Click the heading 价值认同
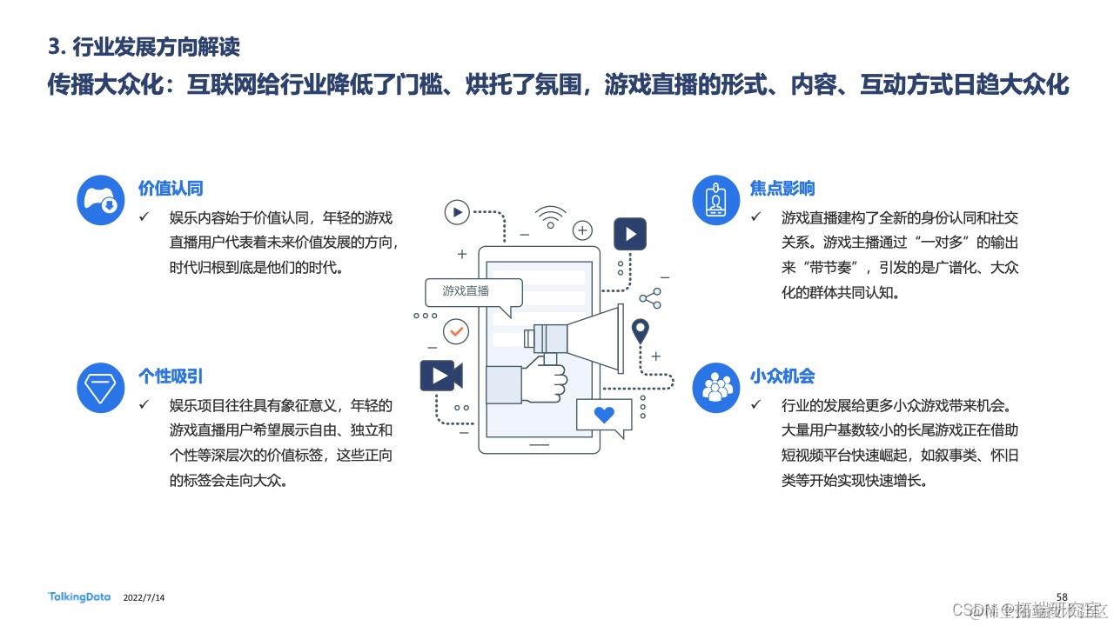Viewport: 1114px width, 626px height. [x=171, y=189]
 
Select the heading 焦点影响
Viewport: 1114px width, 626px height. [x=782, y=189]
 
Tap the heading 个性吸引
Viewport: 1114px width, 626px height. [x=171, y=376]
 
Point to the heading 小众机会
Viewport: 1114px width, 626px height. [x=782, y=376]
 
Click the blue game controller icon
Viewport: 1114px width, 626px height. [x=101, y=200]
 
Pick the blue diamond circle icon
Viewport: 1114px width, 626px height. [x=101, y=388]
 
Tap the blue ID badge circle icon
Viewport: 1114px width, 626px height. [x=715, y=200]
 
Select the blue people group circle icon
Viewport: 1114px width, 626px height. [x=715, y=388]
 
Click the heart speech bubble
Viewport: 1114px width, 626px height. [x=603, y=416]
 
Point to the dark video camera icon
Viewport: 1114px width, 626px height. [x=440, y=376]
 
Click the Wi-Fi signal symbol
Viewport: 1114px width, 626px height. [x=550, y=216]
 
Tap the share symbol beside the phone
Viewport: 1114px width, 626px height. [x=650, y=298]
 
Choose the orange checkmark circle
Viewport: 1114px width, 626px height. [x=455, y=331]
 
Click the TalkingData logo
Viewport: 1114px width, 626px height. [x=79, y=597]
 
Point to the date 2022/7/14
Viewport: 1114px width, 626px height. [x=144, y=598]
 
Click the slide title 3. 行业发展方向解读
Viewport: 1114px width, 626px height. [x=144, y=46]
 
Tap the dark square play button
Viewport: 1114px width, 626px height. [x=630, y=234]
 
